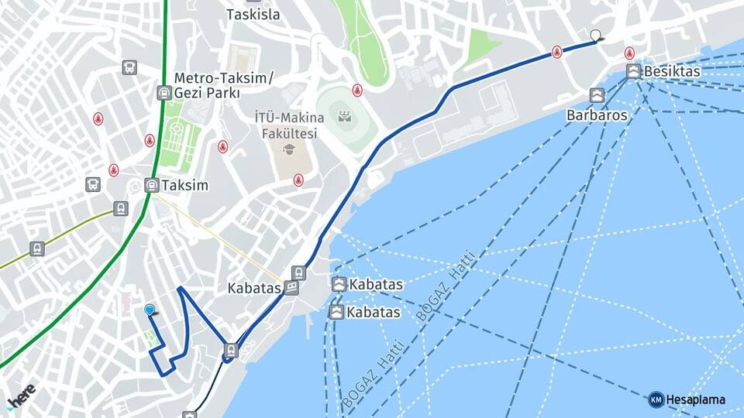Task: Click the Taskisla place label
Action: [x=253, y=14]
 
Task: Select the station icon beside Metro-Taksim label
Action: [x=164, y=93]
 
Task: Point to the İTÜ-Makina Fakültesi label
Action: [x=286, y=125]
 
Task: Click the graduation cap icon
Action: [x=289, y=149]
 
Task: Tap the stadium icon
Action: [x=345, y=117]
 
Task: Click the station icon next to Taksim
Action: [x=152, y=185]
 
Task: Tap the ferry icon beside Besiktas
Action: [x=633, y=71]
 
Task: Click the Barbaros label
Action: [x=596, y=115]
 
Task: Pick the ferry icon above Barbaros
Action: [x=596, y=95]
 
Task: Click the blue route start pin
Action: [x=150, y=310]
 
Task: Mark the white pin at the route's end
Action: [x=595, y=35]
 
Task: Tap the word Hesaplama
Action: [x=695, y=400]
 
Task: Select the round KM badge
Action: [x=656, y=400]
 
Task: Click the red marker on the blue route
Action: [x=556, y=52]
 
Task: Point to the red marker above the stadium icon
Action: [x=357, y=90]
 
